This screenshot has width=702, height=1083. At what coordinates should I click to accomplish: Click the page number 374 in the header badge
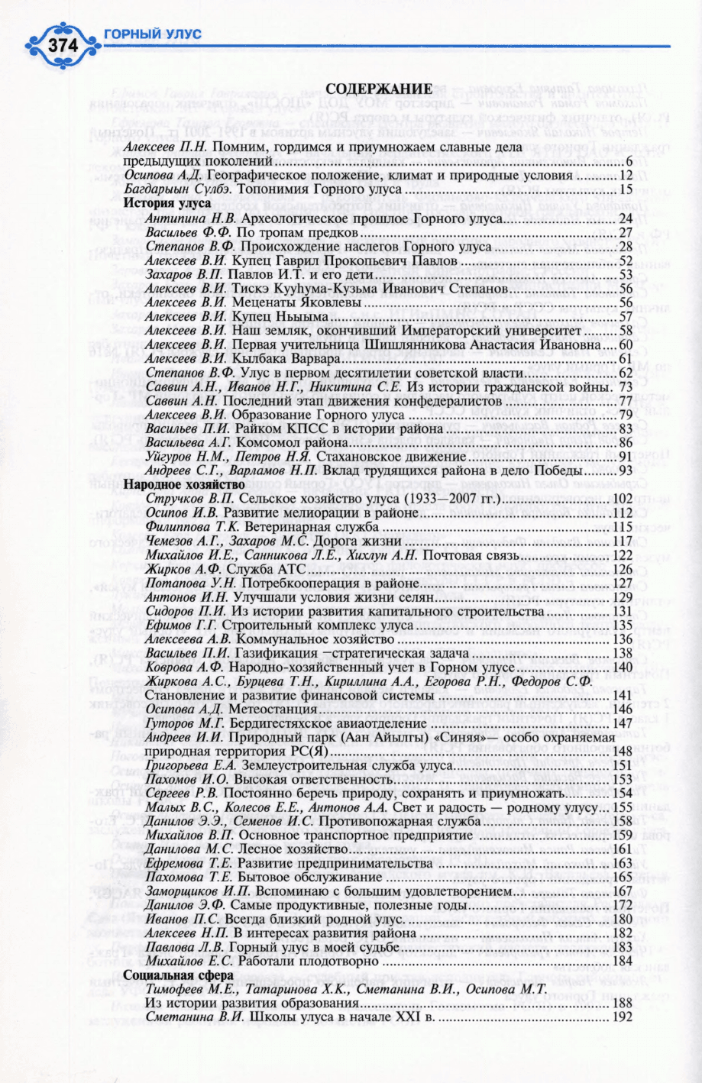(x=63, y=46)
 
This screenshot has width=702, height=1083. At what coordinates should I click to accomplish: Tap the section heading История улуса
(x=157, y=204)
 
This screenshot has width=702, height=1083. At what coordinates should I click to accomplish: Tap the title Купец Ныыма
(x=280, y=315)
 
